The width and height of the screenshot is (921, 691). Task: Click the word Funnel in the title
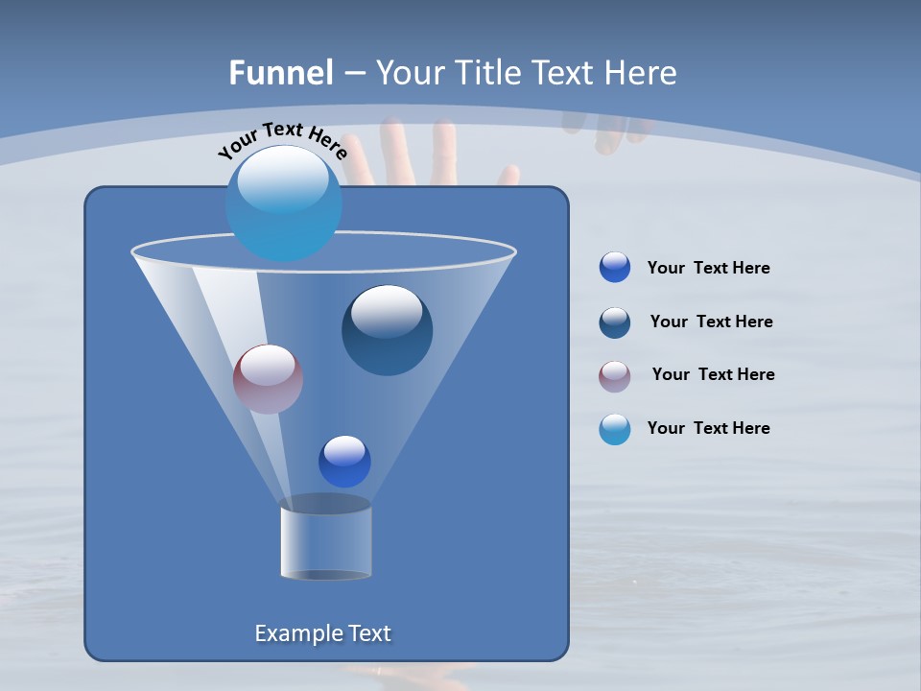pyautogui.click(x=281, y=73)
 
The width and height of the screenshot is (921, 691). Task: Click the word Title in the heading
pyautogui.click(x=486, y=73)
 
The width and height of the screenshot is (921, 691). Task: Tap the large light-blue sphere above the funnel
pyautogui.click(x=284, y=203)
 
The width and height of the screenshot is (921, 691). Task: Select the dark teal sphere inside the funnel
pyautogui.click(x=387, y=330)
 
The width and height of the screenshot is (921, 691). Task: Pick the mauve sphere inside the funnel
pyautogui.click(x=268, y=379)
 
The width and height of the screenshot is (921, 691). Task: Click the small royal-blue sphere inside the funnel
pyautogui.click(x=344, y=461)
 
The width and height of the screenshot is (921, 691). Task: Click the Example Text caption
pyautogui.click(x=322, y=633)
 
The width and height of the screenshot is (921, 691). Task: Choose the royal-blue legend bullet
pyautogui.click(x=615, y=268)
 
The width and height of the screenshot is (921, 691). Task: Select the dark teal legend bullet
pyautogui.click(x=615, y=322)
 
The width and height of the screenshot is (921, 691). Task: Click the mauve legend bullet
pyautogui.click(x=615, y=375)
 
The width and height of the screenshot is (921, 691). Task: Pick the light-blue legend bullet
pyautogui.click(x=615, y=429)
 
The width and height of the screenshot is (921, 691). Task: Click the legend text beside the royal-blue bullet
pyautogui.click(x=708, y=269)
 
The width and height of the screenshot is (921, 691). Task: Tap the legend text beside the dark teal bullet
pyautogui.click(x=711, y=322)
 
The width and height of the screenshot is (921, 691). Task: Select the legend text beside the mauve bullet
pyautogui.click(x=713, y=375)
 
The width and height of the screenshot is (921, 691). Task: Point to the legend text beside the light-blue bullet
pyautogui.click(x=708, y=429)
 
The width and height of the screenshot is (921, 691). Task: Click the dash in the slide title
pyautogui.click(x=354, y=74)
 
